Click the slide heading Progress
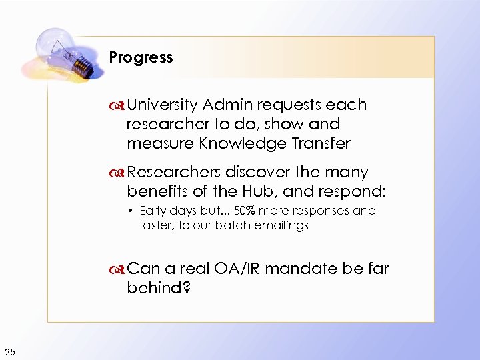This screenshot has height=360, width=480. click(x=141, y=57)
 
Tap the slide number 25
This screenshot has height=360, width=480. click(x=10, y=352)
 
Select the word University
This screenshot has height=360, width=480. click(x=163, y=105)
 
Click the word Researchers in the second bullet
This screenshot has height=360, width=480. click(x=174, y=173)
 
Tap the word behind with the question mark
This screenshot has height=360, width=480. click(x=158, y=288)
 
